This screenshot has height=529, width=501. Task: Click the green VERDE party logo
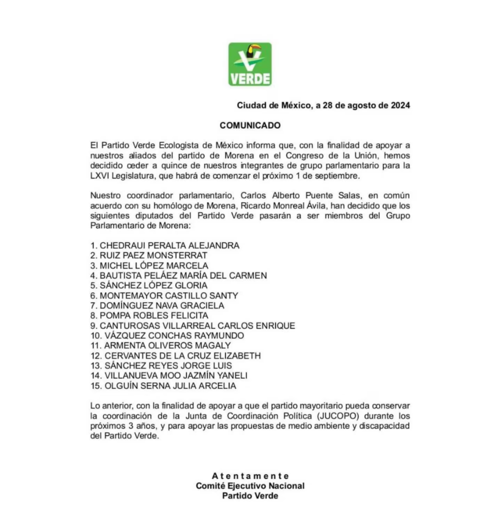point(250,64)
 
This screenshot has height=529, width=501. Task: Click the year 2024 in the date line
point(400,105)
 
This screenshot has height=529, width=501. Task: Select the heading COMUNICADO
point(250,125)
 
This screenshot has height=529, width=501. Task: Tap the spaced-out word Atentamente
point(250,476)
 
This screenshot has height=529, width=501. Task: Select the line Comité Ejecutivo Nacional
point(250,486)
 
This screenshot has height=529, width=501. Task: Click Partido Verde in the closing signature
point(250,496)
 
